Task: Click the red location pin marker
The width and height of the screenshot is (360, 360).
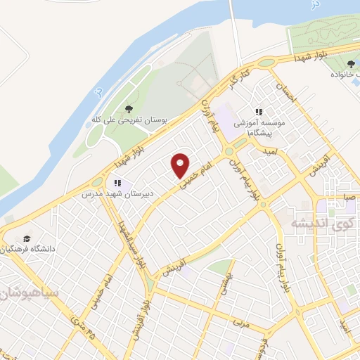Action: point(181,165)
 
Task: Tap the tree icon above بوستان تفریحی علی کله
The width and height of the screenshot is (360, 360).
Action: point(128,109)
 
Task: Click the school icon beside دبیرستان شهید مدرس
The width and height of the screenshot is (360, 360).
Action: point(118,184)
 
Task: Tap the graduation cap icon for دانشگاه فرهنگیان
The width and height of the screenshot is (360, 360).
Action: point(27,239)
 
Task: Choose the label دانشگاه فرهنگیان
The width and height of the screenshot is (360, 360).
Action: point(28,250)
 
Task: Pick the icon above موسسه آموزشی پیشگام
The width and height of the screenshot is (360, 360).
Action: point(259,112)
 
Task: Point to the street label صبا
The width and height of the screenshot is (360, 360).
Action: point(350,199)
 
